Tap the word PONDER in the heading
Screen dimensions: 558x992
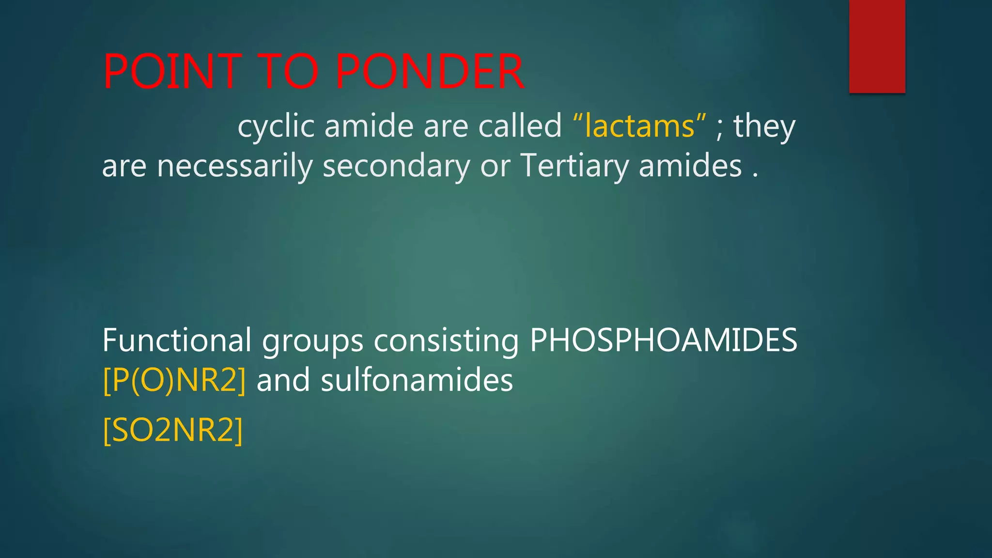[429, 72]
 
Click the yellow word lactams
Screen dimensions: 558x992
[639, 126]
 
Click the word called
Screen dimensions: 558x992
[520, 126]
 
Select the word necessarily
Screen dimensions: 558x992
[234, 167]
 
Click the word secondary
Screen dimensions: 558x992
[396, 167]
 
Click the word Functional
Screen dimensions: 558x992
[177, 340]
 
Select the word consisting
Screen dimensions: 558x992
[446, 341]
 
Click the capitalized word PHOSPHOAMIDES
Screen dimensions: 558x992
[663, 340]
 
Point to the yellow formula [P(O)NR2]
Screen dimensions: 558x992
[174, 380]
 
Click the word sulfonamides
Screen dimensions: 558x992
[417, 380]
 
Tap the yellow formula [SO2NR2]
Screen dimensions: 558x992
[173, 430]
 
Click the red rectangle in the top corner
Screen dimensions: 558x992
[877, 46]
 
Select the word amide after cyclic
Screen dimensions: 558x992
[369, 126]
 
